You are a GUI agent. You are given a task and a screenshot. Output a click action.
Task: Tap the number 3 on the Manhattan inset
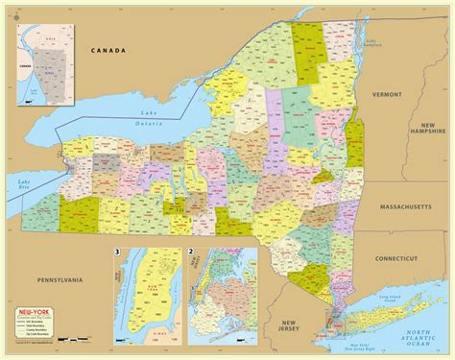(116, 253)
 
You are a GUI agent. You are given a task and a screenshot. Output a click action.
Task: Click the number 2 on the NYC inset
(192, 253)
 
